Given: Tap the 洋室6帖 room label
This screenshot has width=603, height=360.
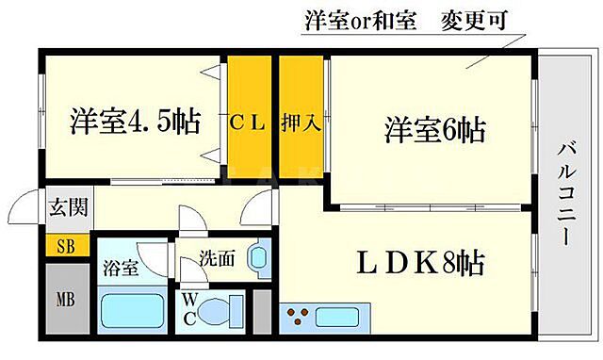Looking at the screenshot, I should (434, 129).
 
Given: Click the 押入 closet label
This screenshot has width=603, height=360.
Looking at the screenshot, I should (300, 122).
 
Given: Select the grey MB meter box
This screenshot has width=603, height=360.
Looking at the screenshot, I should (65, 303).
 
